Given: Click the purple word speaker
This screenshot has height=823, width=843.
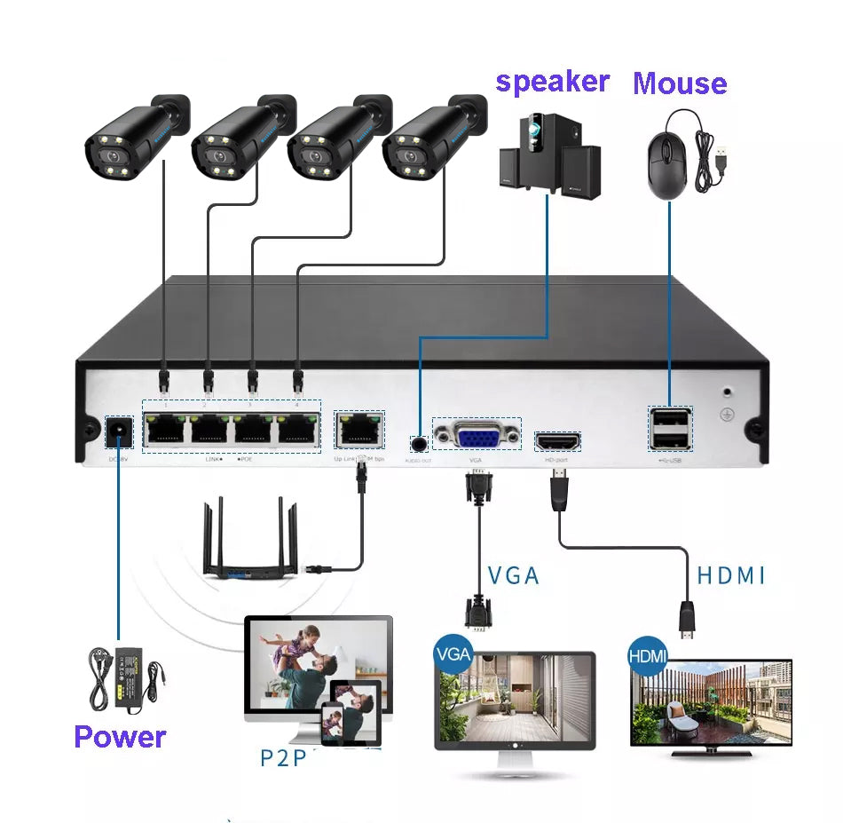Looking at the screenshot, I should [552, 82].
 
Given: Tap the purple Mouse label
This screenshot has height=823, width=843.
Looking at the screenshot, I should [680, 83].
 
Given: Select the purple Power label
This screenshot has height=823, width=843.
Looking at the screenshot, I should [120, 737].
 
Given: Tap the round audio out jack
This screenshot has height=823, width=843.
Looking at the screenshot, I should [418, 441].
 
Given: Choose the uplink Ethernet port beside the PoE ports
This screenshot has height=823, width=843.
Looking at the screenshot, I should [358, 430].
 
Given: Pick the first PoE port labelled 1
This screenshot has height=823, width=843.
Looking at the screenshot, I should [165, 431].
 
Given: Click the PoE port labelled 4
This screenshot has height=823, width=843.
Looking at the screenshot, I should [296, 431].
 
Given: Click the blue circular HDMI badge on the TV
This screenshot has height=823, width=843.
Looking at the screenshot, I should [646, 656].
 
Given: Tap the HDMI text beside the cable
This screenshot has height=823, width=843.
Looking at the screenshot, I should [730, 575].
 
